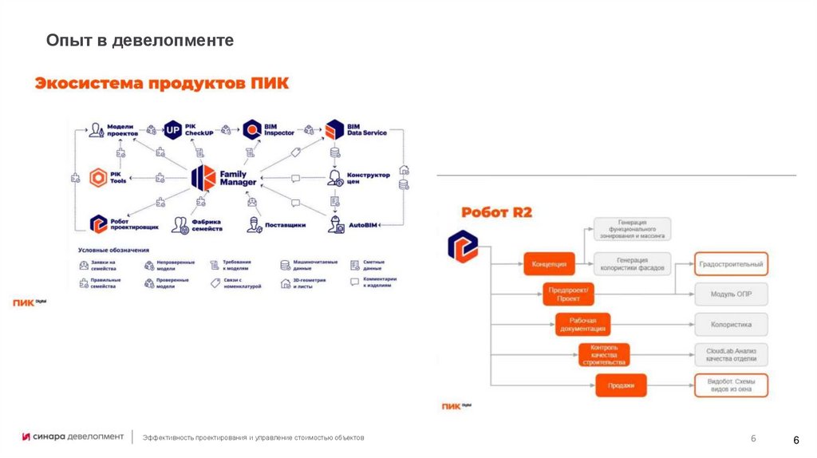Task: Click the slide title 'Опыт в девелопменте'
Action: click(x=140, y=39)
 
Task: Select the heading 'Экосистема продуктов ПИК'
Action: click(x=161, y=84)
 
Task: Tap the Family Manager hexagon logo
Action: click(x=203, y=177)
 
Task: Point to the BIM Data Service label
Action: click(x=366, y=129)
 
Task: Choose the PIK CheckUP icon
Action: click(x=173, y=129)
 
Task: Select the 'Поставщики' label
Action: click(x=285, y=225)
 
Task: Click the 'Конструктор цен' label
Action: click(x=369, y=178)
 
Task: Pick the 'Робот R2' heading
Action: click(x=496, y=212)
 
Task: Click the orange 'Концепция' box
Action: click(x=549, y=263)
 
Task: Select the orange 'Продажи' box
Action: click(x=620, y=385)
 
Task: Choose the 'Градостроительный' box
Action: click(x=731, y=263)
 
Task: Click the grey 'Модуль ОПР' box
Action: click(x=731, y=294)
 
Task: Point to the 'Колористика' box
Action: click(x=731, y=325)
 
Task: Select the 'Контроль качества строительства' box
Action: click(x=603, y=355)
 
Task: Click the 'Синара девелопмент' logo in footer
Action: click(x=73, y=436)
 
